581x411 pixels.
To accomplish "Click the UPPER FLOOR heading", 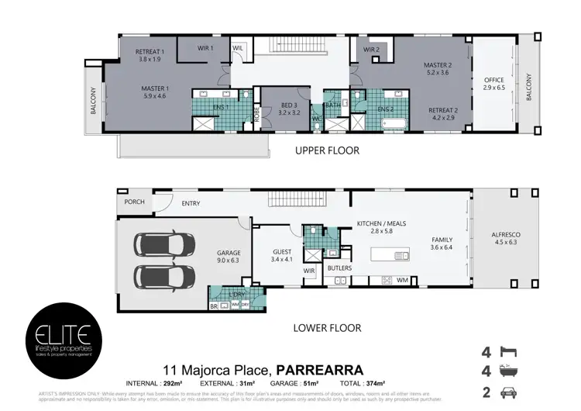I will point(327,150).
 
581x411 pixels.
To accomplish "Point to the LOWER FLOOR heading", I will point(327,328).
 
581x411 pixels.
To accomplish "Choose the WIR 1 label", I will point(205,48).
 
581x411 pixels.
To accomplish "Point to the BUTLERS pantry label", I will point(340,268).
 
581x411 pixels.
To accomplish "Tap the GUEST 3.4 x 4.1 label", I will point(282,257).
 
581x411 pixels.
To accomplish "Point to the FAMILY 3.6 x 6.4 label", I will point(442,245).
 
